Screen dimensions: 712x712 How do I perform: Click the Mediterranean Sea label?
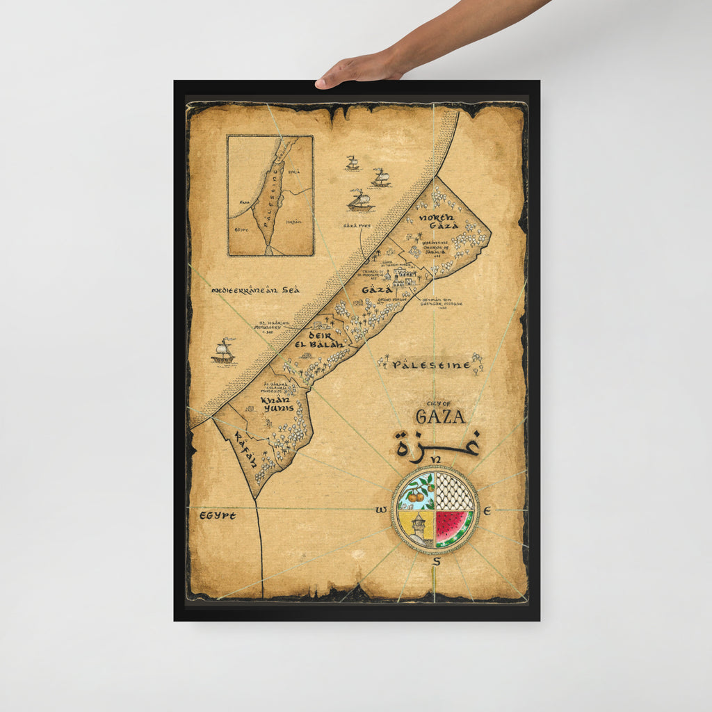(255, 289)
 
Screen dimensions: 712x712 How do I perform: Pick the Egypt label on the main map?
(218, 515)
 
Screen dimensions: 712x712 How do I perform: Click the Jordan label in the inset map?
(293, 223)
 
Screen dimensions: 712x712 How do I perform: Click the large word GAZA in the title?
(440, 416)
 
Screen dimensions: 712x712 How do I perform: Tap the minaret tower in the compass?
(419, 528)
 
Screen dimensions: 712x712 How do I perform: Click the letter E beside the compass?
(487, 511)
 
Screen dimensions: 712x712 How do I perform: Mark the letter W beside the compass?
(381, 511)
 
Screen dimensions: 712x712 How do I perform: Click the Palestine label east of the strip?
(426, 364)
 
